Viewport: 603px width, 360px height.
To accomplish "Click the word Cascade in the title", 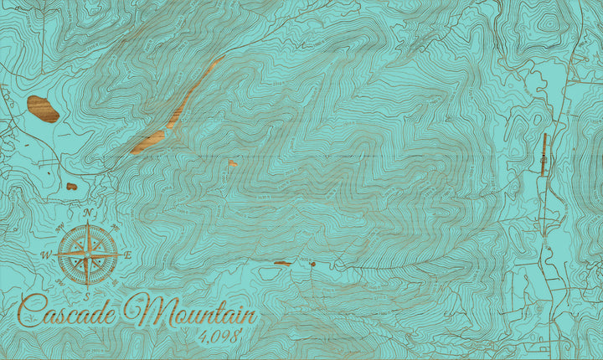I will coord(71,312).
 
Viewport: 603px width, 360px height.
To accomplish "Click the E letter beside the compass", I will coord(127,255).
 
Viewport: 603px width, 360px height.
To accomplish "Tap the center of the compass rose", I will coord(86,254).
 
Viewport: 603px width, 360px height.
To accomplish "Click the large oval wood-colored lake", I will coord(43,109).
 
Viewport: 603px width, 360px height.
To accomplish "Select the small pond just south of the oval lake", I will coord(71,186).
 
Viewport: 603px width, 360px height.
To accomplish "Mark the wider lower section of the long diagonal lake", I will coord(149,141).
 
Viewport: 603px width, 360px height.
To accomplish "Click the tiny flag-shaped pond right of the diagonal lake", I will coord(232,162).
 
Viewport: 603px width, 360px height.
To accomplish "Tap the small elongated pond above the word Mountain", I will coord(281,263).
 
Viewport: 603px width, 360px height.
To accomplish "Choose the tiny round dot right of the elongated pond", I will coord(312,264).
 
